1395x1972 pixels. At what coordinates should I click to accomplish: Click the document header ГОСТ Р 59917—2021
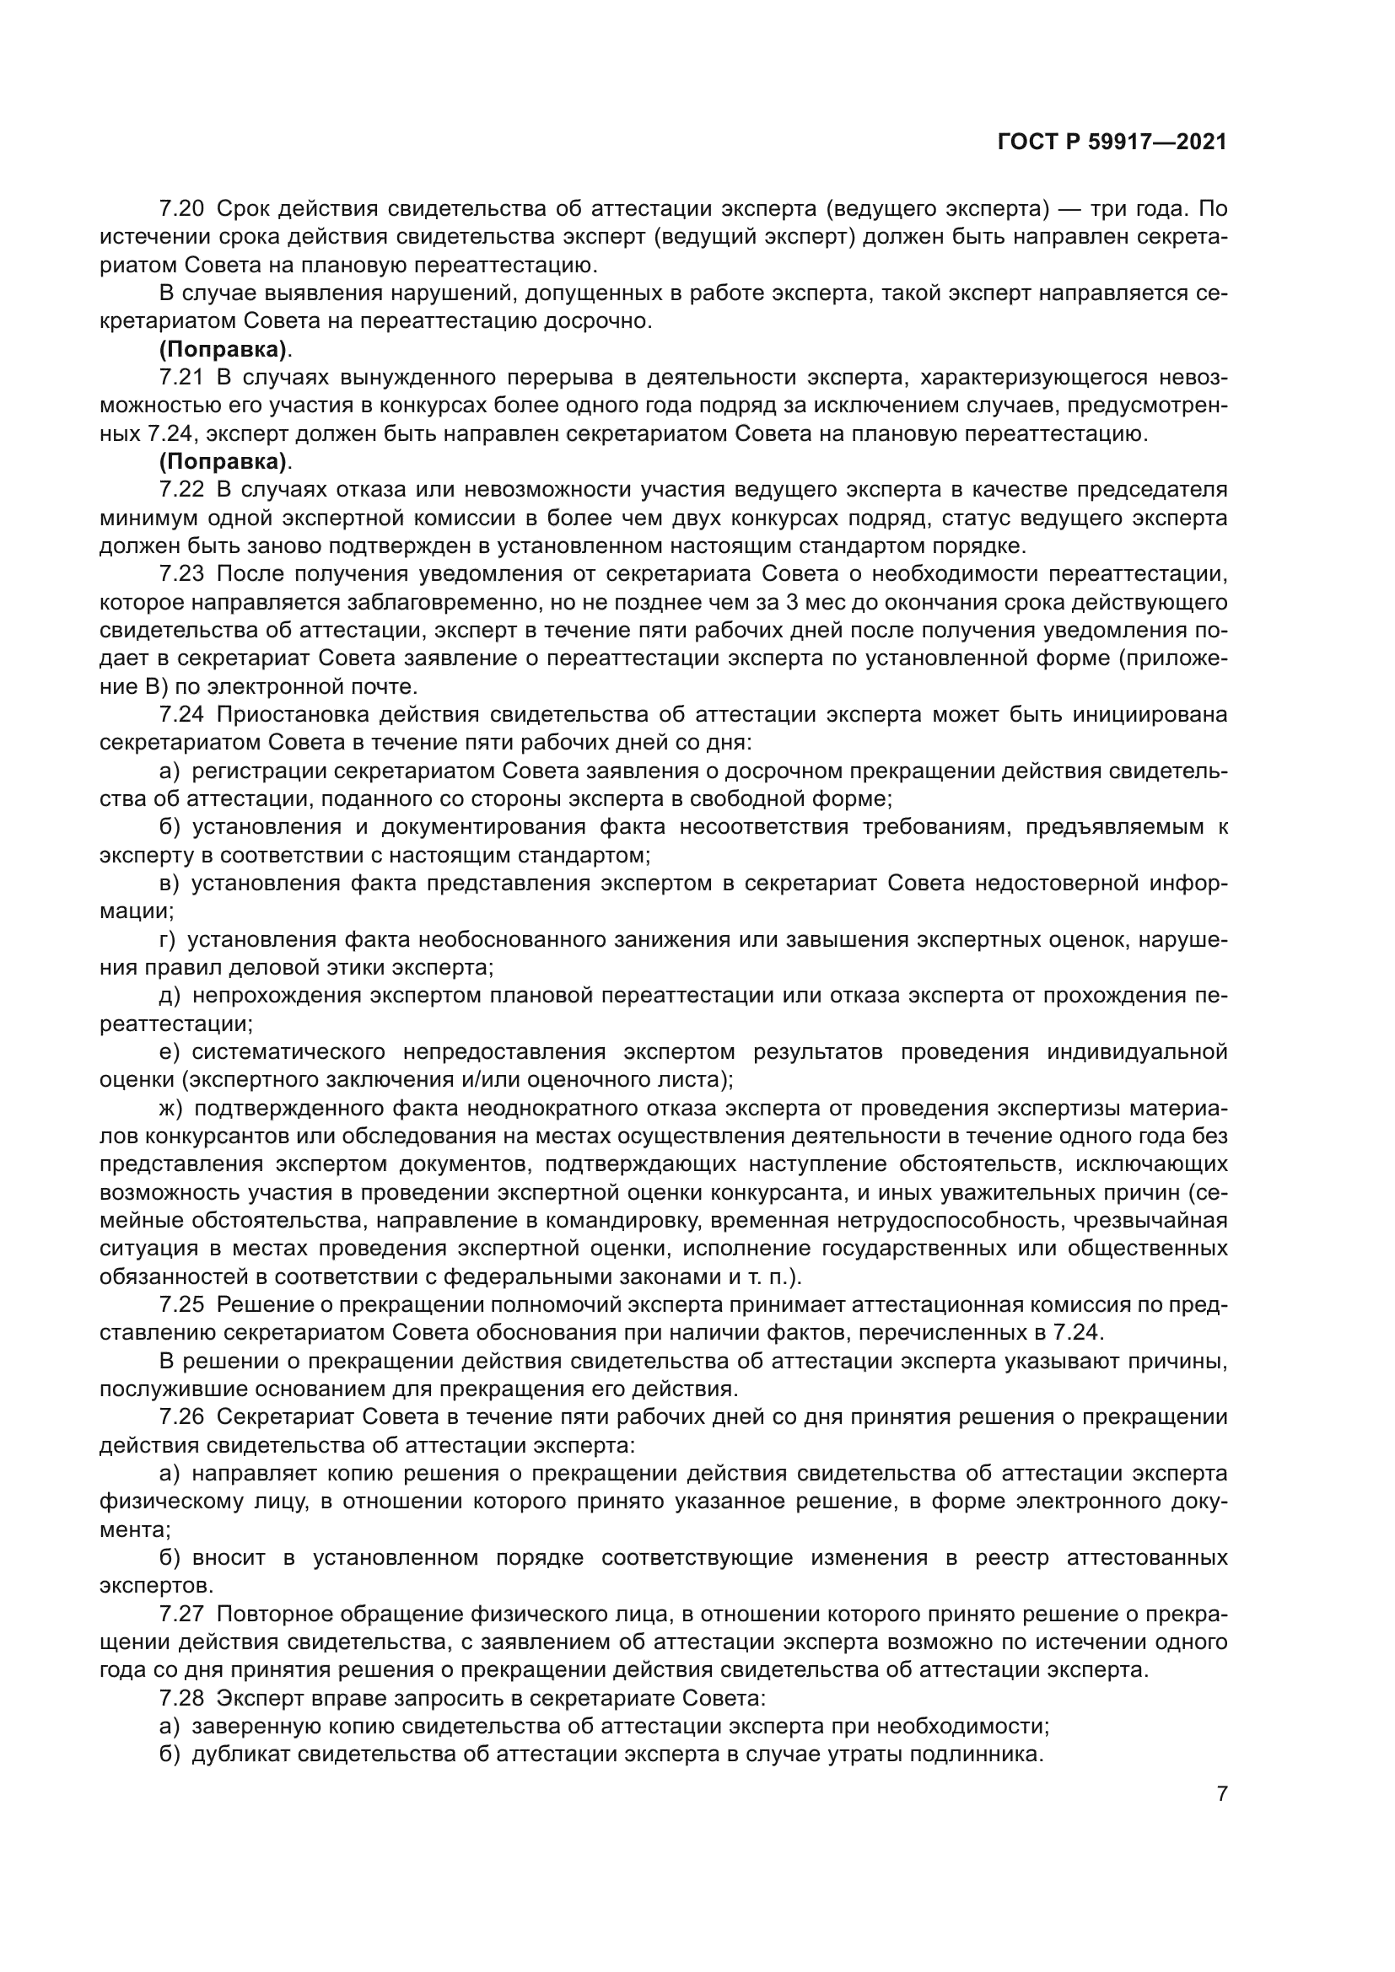(x=1112, y=142)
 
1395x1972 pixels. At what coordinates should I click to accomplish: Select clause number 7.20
(x=181, y=209)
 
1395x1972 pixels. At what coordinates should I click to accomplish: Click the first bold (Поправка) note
(x=224, y=350)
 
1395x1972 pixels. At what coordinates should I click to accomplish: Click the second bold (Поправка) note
(x=224, y=462)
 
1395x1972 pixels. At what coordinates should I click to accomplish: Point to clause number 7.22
(x=181, y=491)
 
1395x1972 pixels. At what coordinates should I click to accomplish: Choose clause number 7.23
(x=181, y=575)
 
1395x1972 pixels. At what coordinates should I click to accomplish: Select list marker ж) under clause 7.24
(x=173, y=1109)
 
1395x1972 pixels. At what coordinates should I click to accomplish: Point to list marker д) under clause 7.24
(x=170, y=997)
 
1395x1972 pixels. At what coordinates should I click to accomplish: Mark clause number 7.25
(x=181, y=1304)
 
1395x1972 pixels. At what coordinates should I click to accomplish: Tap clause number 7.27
(x=181, y=1614)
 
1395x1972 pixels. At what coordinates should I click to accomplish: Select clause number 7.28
(x=181, y=1698)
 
